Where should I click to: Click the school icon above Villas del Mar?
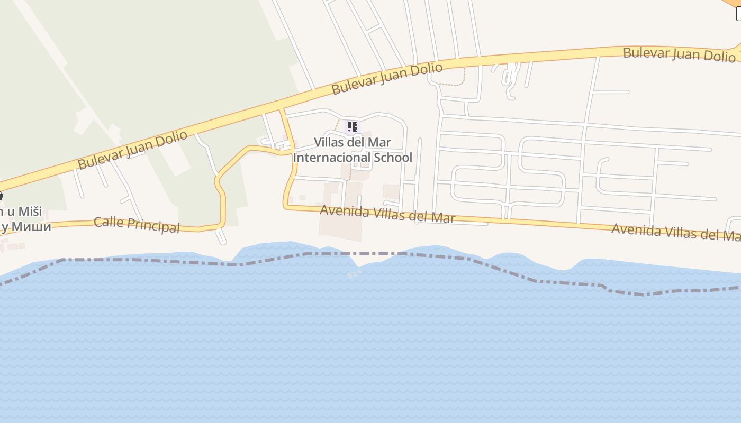(x=352, y=127)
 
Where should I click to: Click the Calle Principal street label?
(x=137, y=224)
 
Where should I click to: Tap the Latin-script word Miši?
(x=30, y=212)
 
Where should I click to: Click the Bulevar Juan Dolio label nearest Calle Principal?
(x=132, y=150)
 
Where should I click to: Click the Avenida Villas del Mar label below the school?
(x=387, y=214)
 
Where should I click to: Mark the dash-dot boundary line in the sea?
(x=159, y=261)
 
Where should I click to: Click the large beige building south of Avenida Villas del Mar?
(x=340, y=227)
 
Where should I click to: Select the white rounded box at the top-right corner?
(x=738, y=14)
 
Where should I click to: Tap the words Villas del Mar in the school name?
(x=353, y=142)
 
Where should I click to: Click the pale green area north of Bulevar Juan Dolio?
(x=159, y=63)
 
